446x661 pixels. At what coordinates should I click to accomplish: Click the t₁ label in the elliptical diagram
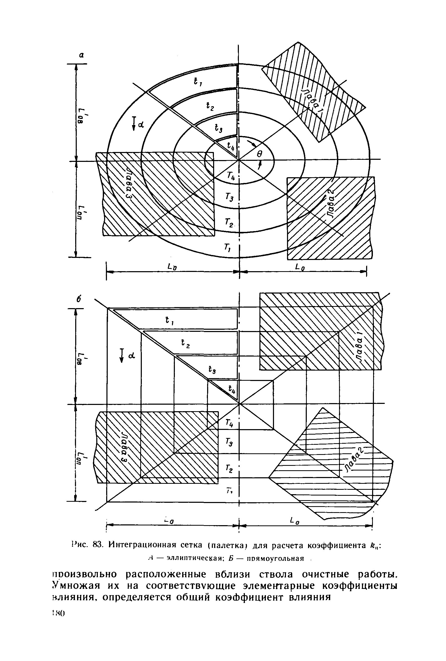(197, 82)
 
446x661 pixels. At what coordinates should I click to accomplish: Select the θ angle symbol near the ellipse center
(259, 154)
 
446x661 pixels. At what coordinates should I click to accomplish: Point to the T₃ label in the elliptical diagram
(229, 197)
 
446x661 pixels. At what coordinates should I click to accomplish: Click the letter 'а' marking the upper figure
(81, 55)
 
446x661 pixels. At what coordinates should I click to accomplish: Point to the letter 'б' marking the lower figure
(79, 300)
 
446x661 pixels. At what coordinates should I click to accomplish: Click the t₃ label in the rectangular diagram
(212, 370)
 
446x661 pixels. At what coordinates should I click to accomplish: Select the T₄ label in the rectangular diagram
(229, 424)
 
